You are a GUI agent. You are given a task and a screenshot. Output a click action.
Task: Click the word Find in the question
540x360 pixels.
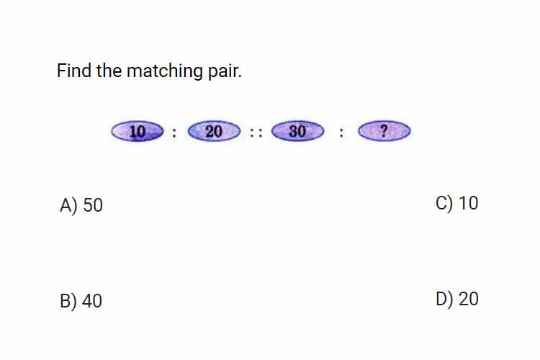(74, 71)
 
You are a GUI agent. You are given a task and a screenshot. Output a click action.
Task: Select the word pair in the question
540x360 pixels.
(225, 72)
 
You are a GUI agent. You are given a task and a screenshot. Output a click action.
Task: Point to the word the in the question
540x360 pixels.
(109, 71)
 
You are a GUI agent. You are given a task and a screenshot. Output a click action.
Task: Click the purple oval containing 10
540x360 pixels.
(138, 131)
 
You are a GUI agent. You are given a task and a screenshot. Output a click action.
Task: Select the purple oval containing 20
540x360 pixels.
(214, 131)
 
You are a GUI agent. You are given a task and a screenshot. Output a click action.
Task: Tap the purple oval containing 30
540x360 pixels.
(297, 131)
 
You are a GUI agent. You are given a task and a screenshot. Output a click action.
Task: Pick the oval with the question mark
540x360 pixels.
(384, 131)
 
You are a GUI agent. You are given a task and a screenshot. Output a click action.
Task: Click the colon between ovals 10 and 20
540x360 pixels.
(174, 132)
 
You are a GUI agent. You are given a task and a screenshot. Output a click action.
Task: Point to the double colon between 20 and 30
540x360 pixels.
(256, 132)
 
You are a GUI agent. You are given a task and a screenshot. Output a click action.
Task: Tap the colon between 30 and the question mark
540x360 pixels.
(341, 132)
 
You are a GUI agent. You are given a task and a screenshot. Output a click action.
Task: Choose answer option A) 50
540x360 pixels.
(81, 205)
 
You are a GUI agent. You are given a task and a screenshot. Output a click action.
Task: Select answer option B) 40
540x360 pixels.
(81, 301)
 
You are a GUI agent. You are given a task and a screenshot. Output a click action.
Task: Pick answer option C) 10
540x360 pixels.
(457, 203)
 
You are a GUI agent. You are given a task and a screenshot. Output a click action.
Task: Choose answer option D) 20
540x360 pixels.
(457, 299)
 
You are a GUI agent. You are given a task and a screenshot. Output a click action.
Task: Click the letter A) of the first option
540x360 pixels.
(68, 206)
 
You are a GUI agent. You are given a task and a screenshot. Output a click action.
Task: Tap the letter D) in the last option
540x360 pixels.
(444, 300)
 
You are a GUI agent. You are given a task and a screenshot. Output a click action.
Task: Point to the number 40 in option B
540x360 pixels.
(92, 301)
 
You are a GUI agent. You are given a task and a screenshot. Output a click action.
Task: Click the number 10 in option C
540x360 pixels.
(469, 203)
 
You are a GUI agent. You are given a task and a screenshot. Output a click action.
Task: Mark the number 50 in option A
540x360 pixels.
(93, 205)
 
